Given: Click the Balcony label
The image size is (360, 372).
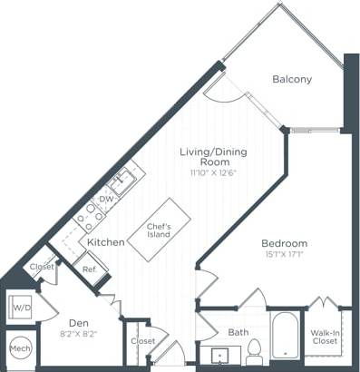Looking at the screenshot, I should [292, 79].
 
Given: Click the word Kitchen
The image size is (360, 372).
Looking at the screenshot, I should [106, 243].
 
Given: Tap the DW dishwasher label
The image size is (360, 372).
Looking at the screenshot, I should [106, 198].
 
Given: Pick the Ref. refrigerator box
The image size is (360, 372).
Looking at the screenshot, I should [90, 269].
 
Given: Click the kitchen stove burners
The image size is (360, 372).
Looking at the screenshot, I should [92, 213].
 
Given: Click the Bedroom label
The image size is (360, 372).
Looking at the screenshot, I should [284, 243].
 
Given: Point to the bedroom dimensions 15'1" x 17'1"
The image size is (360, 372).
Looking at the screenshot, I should [284, 255].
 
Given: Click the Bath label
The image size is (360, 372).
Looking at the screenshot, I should [238, 333].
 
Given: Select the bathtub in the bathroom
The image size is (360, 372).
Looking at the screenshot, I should [284, 338].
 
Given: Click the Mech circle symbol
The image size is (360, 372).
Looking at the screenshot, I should [18, 349].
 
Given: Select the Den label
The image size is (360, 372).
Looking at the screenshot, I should [77, 321].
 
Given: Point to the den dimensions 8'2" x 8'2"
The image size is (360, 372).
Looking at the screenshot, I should [77, 333].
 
